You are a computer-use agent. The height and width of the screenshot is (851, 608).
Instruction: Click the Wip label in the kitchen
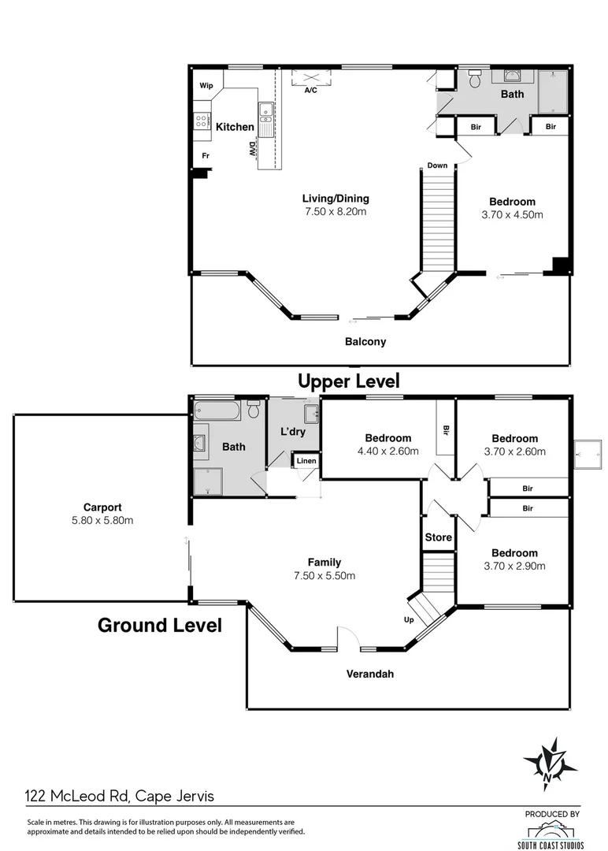[x=206, y=86]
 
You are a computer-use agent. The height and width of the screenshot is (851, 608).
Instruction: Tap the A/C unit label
[x=310, y=91]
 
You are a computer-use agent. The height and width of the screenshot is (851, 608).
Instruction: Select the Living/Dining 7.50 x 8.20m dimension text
[x=336, y=212]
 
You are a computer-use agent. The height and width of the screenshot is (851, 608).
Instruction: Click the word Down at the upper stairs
[x=437, y=165]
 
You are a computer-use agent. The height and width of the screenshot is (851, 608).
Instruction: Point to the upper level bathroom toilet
[x=474, y=80]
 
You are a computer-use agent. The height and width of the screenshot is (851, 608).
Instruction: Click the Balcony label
[x=365, y=342]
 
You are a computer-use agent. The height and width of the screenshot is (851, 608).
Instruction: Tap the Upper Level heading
[x=348, y=381]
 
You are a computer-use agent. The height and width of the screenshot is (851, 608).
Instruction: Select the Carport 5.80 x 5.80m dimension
[x=102, y=521]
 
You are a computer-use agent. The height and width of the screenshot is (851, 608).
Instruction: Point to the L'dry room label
[x=293, y=432]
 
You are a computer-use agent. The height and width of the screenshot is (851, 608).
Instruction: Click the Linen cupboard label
[x=306, y=461]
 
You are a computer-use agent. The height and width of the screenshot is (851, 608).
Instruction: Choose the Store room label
[x=438, y=537]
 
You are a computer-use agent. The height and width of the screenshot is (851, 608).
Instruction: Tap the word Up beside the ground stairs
[x=409, y=620]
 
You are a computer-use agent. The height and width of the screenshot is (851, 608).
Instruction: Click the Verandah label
[x=370, y=674]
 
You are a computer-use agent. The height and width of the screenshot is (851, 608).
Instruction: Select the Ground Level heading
[x=159, y=626]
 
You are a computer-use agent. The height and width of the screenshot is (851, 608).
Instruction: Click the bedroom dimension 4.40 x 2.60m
[x=387, y=452]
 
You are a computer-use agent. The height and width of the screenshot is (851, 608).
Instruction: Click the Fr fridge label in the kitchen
[x=206, y=156]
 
